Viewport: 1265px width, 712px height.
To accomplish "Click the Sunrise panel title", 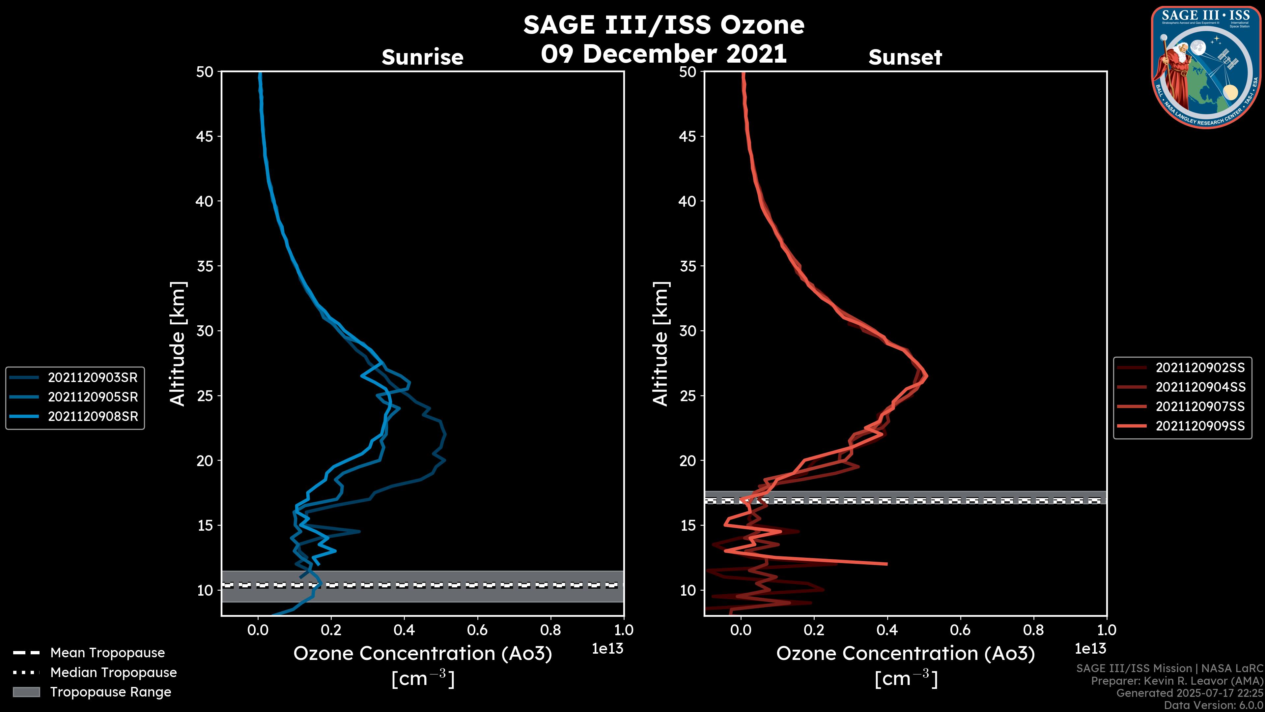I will pos(422,57).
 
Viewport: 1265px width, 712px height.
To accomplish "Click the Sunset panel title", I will pos(905,57).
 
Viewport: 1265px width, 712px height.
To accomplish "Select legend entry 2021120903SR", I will pos(92,377).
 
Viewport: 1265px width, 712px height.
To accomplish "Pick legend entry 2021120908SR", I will pos(92,416).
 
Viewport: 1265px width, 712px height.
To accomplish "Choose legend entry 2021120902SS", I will pos(1200,368).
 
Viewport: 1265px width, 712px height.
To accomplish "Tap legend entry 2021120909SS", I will pos(1200,426).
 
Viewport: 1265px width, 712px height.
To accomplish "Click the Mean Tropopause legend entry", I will pos(107,653).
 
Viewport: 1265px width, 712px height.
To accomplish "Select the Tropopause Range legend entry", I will pos(110,692).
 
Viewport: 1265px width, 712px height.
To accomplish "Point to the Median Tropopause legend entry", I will pos(113,672).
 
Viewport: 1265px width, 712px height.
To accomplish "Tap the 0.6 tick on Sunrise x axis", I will pos(477,630).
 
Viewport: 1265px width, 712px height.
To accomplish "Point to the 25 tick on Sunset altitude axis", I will pos(688,396).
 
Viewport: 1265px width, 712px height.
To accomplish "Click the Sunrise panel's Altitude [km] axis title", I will pos(178,344).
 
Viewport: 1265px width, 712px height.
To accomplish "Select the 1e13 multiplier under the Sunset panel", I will pos(1090,649).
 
